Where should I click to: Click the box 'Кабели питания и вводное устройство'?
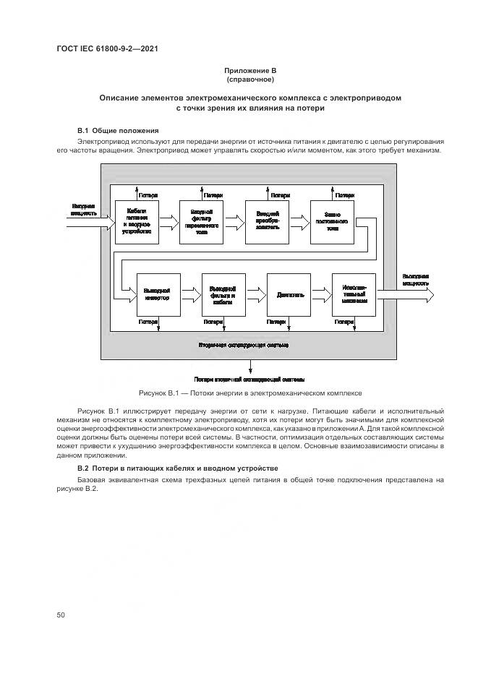pyautogui.click(x=136, y=221)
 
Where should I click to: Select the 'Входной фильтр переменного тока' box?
pyautogui.click(x=201, y=221)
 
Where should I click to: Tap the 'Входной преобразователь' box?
pyautogui.click(x=267, y=221)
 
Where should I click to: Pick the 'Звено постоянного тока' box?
pyautogui.click(x=332, y=221)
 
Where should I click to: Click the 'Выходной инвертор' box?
pyautogui.click(x=157, y=294)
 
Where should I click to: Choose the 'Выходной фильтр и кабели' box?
pyautogui.click(x=223, y=294)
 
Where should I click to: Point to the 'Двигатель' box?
pyautogui.click(x=289, y=294)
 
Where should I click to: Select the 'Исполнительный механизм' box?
pyautogui.click(x=354, y=294)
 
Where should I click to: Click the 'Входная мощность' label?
pyautogui.click(x=84, y=209)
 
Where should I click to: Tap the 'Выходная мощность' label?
pyautogui.click(x=416, y=280)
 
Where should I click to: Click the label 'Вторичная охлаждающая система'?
pyautogui.click(x=244, y=345)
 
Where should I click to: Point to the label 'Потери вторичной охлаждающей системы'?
pyautogui.click(x=249, y=379)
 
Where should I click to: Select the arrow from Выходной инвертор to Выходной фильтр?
pyautogui.click(x=190, y=294)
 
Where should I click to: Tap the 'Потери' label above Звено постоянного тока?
pyautogui.click(x=346, y=195)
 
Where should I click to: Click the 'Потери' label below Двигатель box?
pyautogui.click(x=277, y=321)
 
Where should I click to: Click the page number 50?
pyautogui.click(x=61, y=615)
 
